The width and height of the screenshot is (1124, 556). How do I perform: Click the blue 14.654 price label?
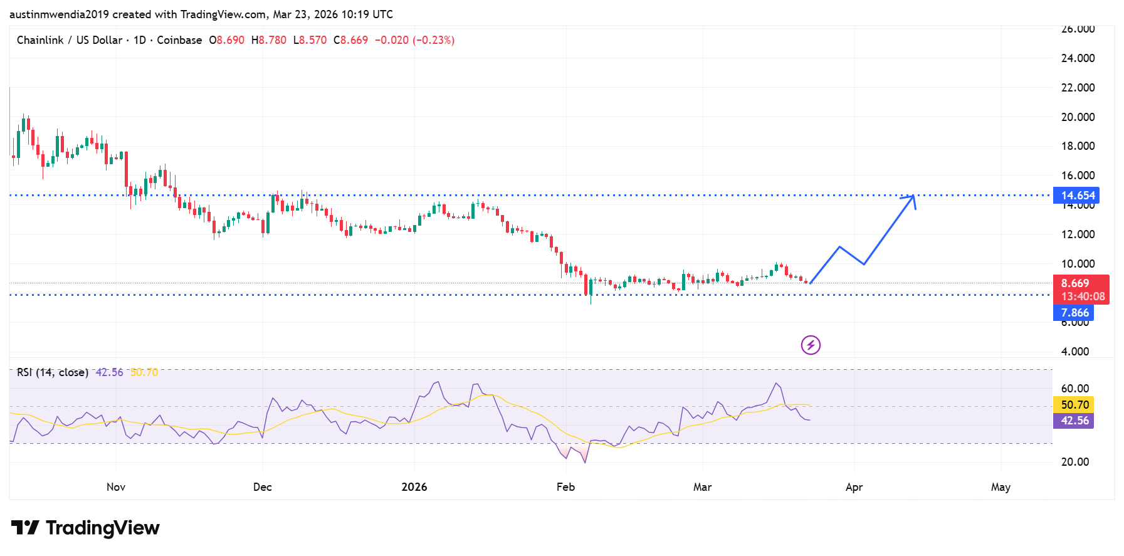pos(1076,196)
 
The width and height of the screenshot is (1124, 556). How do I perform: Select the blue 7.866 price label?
pos(1074,313)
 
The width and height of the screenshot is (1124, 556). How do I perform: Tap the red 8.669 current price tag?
pos(1081,290)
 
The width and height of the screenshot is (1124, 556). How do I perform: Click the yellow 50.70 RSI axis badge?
pos(1074,405)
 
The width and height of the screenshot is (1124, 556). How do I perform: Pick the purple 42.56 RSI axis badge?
pos(1074,421)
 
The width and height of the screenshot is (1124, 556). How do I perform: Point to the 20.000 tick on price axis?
pos(1078,117)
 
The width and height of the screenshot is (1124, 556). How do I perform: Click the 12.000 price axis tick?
pos(1078,234)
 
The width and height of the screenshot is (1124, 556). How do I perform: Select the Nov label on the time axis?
pos(116,487)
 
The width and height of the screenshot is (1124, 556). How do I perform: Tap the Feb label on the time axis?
pos(565,487)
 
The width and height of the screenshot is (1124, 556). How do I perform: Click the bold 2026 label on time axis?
pos(414,487)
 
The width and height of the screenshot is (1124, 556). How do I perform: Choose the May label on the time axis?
pos(1001,487)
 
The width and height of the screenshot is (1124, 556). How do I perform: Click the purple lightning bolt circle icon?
pos(811,345)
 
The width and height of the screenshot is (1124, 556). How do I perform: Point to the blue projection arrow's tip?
pos(913,196)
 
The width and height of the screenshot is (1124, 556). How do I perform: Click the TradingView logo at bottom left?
pos(85,528)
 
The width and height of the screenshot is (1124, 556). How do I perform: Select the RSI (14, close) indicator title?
pos(53,372)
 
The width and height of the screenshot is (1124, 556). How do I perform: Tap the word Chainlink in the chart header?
pos(40,40)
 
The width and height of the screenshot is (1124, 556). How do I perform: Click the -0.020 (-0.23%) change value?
pos(414,40)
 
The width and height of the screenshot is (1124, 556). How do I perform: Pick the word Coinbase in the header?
pos(179,40)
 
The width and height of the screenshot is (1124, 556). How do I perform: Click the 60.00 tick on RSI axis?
pos(1075,389)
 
